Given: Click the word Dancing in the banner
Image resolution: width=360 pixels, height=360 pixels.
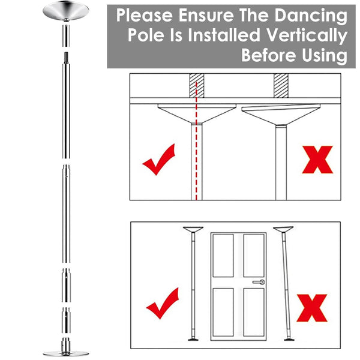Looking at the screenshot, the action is click(311, 16).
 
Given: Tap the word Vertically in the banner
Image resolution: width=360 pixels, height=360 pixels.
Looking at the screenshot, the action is click(307, 36).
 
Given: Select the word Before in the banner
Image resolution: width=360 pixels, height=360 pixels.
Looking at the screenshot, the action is click(269, 55).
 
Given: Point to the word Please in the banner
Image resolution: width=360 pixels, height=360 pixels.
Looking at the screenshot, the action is click(145, 15).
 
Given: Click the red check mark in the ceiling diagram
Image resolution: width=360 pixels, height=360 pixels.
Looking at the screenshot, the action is click(159, 160).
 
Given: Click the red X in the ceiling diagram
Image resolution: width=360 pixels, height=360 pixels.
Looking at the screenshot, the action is click(317, 160).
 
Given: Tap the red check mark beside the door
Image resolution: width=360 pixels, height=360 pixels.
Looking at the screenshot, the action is click(163, 303).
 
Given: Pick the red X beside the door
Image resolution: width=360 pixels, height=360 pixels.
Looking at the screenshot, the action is click(312, 308).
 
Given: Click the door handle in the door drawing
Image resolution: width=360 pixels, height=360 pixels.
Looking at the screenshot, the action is click(259, 282).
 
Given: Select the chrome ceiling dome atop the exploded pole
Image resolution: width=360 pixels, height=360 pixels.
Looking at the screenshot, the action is click(66, 11).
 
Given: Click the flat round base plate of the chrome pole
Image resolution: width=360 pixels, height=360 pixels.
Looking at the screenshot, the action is click(66, 353).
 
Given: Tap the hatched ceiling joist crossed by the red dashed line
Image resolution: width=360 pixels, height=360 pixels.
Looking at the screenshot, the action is click(197, 85).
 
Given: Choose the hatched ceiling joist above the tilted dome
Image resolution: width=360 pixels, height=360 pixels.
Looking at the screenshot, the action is click(281, 85).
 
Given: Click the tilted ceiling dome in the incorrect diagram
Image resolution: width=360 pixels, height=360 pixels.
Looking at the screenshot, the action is click(281, 114).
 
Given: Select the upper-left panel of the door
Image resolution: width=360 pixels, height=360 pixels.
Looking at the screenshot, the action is click(223, 256).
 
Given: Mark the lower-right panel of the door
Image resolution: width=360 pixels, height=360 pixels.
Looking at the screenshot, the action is click(254, 312).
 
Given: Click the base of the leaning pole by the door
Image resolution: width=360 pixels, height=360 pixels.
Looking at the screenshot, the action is click(289, 339).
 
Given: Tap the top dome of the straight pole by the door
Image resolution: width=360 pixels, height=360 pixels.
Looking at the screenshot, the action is click(193, 230).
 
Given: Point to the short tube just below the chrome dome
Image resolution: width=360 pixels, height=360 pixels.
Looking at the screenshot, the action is click(66, 36).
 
